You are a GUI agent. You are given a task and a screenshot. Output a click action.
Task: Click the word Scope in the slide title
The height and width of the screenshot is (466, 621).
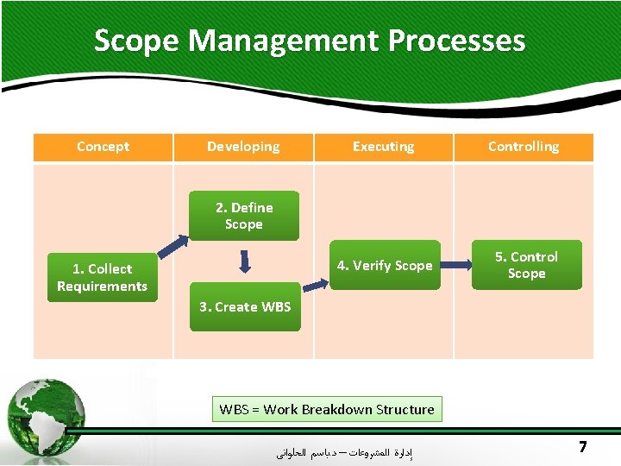(x=136, y=41)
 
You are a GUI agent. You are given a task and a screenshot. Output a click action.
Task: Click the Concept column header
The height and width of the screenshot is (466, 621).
(x=103, y=147)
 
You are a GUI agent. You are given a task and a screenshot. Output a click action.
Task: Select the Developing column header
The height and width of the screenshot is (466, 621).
(x=243, y=147)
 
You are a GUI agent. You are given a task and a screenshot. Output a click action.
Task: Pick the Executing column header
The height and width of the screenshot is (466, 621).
(x=383, y=147)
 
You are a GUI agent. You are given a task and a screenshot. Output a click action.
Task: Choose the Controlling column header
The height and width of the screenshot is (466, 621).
(x=524, y=147)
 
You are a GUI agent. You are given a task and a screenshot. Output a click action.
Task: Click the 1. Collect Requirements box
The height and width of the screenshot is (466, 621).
(x=103, y=277)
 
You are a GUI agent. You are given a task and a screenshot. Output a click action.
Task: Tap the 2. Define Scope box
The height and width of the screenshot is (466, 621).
(x=243, y=216)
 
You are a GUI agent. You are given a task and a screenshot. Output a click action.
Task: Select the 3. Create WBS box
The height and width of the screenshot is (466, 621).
(x=245, y=306)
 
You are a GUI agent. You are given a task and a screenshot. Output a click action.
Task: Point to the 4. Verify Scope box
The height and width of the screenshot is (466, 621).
(x=385, y=265)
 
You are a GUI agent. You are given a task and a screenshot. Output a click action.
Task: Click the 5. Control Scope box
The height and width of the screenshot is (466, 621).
(x=526, y=265)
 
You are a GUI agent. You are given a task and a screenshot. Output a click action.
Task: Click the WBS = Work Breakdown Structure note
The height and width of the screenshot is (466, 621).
(x=327, y=409)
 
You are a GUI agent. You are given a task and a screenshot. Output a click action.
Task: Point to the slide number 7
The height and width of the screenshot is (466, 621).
(x=583, y=447)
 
